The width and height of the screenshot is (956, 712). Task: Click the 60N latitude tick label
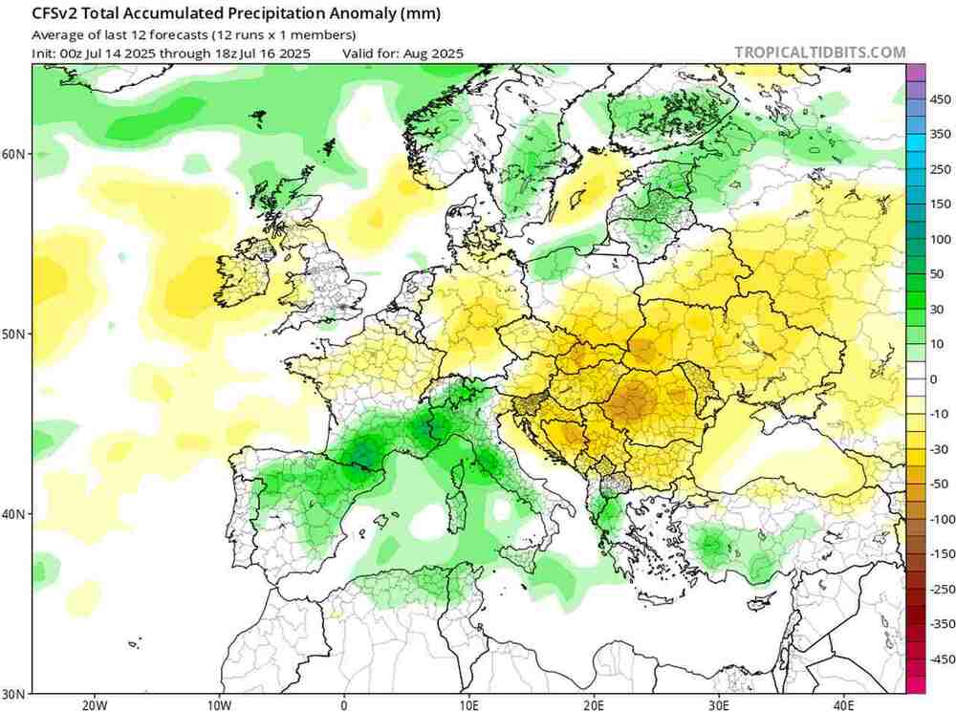tap(13, 154)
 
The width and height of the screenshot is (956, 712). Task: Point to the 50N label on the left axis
tap(13, 334)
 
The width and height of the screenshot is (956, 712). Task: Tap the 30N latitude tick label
tap(13, 693)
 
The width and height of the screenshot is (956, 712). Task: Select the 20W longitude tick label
tap(94, 705)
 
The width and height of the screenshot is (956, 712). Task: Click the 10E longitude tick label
tap(468, 705)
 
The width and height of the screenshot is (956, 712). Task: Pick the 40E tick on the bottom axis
tap(843, 705)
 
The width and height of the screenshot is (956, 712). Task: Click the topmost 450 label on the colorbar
tap(941, 99)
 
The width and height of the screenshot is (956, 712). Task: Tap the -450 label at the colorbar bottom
tap(941, 658)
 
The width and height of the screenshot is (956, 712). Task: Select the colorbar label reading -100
tap(941, 519)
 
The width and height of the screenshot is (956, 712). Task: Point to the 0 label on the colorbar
tap(934, 378)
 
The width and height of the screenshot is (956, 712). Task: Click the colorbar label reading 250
tap(941, 169)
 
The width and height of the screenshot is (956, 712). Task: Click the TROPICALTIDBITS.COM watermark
tap(820, 53)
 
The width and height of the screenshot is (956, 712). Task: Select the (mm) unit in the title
tap(419, 12)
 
